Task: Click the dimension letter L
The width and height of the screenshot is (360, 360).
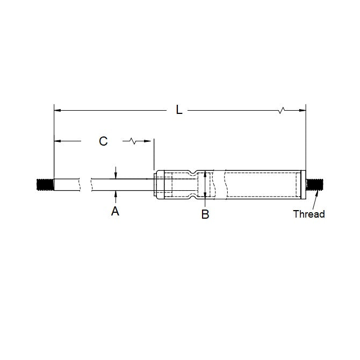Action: point(179,110)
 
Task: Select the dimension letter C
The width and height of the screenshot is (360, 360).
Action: point(104,141)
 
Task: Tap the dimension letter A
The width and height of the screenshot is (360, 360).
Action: point(115,212)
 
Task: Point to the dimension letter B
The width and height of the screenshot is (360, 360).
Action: point(205,214)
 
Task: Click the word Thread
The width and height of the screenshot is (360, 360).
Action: point(309,214)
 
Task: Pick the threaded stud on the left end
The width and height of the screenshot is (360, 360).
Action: point(45,184)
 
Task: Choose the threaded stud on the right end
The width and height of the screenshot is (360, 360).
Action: point(313,184)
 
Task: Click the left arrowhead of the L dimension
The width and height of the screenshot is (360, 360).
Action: point(57,111)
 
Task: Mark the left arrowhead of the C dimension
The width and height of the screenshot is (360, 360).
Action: point(57,141)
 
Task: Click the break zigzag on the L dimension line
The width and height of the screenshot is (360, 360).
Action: point(281,111)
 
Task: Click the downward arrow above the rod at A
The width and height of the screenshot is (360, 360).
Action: point(116,175)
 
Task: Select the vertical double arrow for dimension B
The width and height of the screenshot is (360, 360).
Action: point(205,184)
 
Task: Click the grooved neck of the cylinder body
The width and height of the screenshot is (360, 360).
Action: point(192,184)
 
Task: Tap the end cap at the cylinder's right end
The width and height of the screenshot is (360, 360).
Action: point(302,184)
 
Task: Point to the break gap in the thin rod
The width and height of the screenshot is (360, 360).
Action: point(85,184)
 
